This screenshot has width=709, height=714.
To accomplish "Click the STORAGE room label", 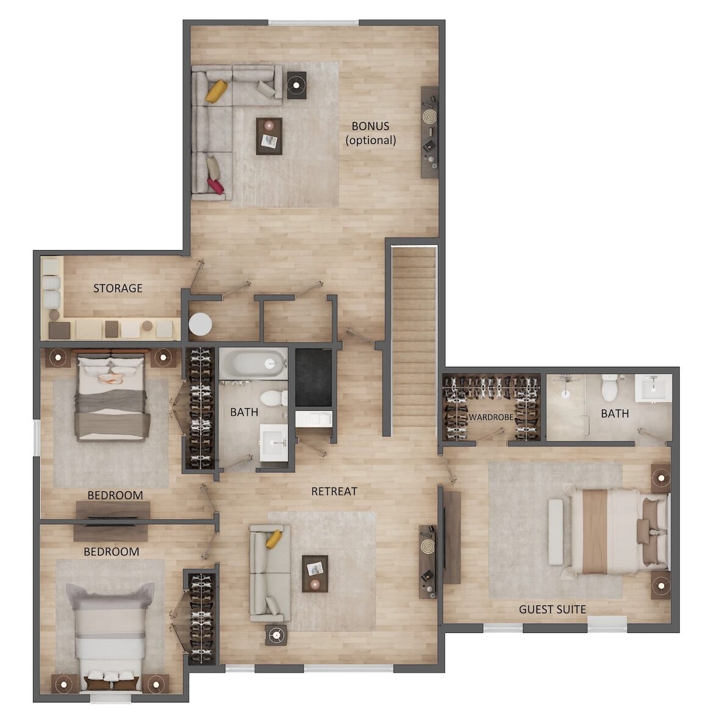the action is tap(118, 288).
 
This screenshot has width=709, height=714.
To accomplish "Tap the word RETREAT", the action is tap(334, 491).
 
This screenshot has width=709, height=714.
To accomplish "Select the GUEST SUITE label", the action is tap(552, 609).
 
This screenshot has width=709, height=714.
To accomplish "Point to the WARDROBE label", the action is tap(491, 417).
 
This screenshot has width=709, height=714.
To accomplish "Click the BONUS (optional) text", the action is tap(370, 133).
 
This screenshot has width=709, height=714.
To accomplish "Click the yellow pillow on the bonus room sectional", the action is tap(216, 91).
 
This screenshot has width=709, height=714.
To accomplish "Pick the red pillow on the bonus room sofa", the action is tap(216, 186).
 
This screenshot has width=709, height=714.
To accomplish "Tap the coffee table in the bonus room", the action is tap(268, 136).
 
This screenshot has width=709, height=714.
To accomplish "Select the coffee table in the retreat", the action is tap(315, 574).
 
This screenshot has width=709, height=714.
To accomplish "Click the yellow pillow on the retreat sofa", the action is tap(274, 539).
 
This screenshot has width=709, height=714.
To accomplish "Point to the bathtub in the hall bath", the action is tap(253, 363).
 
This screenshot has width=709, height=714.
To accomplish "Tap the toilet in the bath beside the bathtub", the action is tap(273, 398).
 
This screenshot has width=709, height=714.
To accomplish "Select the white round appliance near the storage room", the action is tap(200, 324).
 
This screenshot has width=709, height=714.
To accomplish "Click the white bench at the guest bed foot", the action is tap(555, 532).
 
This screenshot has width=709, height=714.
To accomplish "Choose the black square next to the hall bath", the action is tap(313, 378).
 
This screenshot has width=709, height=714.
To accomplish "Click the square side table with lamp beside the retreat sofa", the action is tap(276, 635).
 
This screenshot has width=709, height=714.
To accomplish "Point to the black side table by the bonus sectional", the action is tap(297, 85).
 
